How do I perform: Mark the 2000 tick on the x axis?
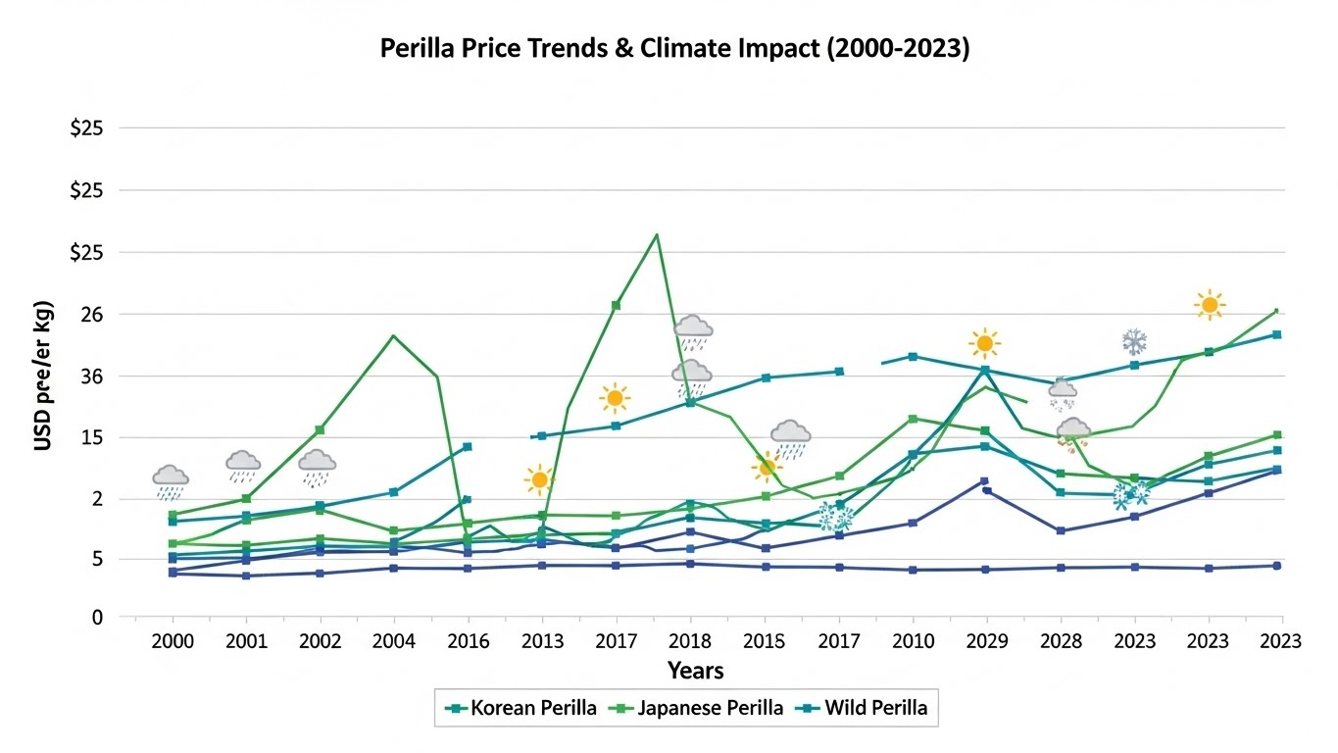pyautogui.click(x=173, y=642)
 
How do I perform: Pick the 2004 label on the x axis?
pyautogui.click(x=393, y=642)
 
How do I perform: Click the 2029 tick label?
pyautogui.click(x=986, y=642)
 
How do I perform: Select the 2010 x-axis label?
pyautogui.click(x=913, y=642)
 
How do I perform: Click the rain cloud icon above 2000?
pyautogui.click(x=171, y=480)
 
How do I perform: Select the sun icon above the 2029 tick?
pyautogui.click(x=985, y=343)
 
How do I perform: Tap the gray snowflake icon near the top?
pyautogui.click(x=1134, y=342)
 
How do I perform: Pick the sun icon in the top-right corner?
pyautogui.click(x=1210, y=305)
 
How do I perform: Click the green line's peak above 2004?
pyautogui.click(x=393, y=335)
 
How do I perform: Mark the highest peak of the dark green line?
pyautogui.click(x=656, y=234)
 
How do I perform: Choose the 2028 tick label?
pyautogui.click(x=1061, y=642)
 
